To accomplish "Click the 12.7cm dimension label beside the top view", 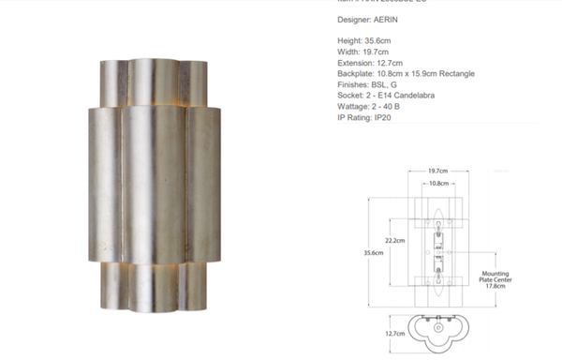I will pos(395,333).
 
